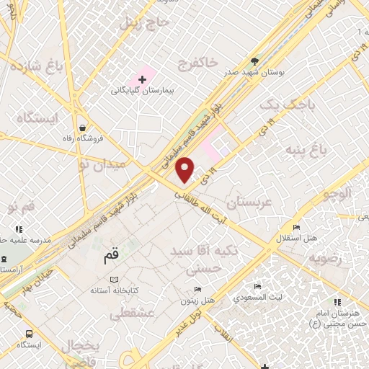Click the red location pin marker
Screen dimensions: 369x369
(185, 169)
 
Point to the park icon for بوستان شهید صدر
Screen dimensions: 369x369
(254, 61)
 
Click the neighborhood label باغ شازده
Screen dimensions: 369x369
(34, 68)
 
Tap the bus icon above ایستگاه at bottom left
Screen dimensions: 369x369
(30, 334)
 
